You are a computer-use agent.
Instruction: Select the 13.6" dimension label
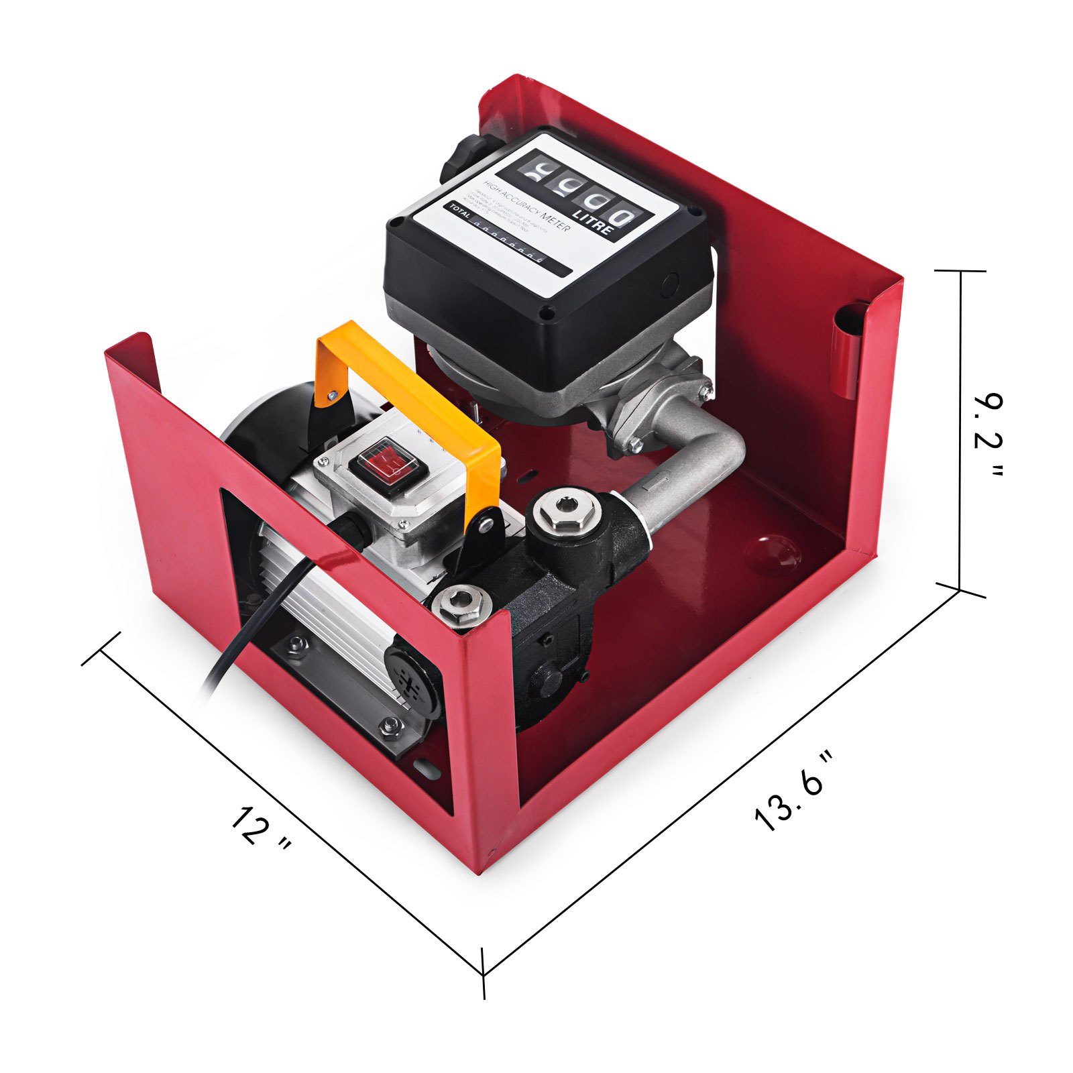[795, 791]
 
